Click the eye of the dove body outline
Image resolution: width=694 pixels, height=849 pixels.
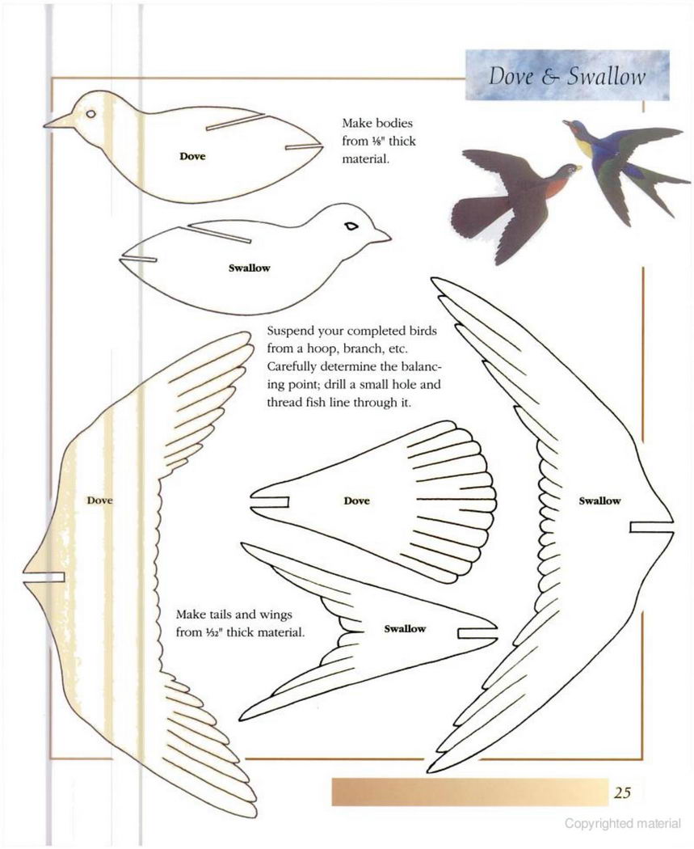[x=90, y=114]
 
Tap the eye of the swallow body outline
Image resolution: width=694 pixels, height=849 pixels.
[x=351, y=226]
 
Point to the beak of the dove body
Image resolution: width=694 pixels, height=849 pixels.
[x=60, y=121]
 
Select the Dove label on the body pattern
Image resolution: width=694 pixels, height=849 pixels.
[x=192, y=157]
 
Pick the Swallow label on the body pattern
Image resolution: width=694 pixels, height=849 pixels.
[x=249, y=268]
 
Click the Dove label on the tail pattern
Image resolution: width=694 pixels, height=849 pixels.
[x=356, y=501]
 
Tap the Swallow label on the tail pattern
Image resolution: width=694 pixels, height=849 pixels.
[x=405, y=628]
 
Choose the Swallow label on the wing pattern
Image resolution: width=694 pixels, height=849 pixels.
[x=599, y=501]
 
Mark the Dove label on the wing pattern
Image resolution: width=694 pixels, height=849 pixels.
[x=99, y=501]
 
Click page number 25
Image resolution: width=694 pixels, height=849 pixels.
[x=622, y=792]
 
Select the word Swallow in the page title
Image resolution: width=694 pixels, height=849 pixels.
[x=606, y=76]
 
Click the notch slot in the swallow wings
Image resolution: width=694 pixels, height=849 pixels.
[x=650, y=527]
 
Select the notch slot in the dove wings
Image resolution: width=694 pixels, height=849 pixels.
[x=44, y=577]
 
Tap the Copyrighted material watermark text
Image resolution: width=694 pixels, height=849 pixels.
[x=623, y=824]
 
